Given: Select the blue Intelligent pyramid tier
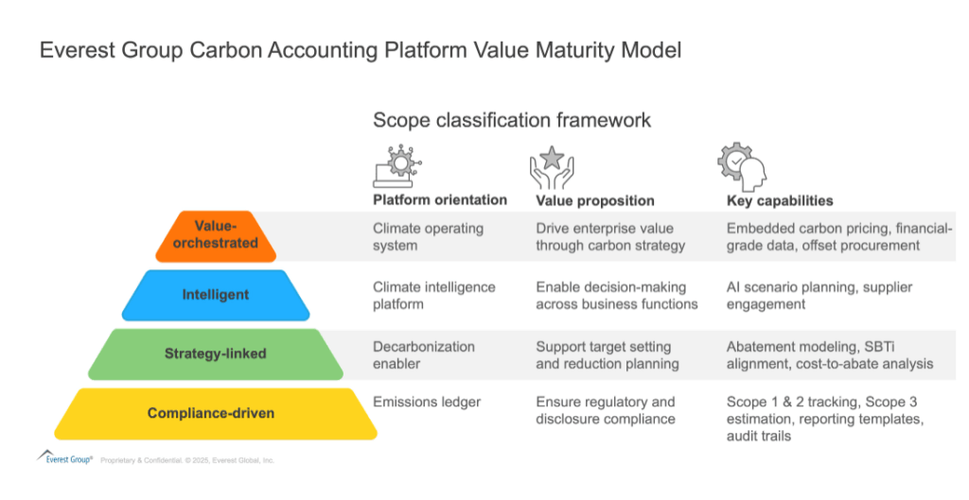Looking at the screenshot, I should point(215,295).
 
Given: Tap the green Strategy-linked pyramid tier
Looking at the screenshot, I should point(215,353).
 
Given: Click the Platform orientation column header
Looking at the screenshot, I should point(440,200).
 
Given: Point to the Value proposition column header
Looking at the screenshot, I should point(595,200).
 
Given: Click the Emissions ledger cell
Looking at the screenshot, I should point(427,403).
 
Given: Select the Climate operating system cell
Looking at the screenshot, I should point(428,236).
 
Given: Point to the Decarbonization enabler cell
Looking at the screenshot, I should point(424,355).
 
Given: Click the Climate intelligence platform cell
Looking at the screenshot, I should point(434,295).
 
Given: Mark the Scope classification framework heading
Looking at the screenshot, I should point(511,120).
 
